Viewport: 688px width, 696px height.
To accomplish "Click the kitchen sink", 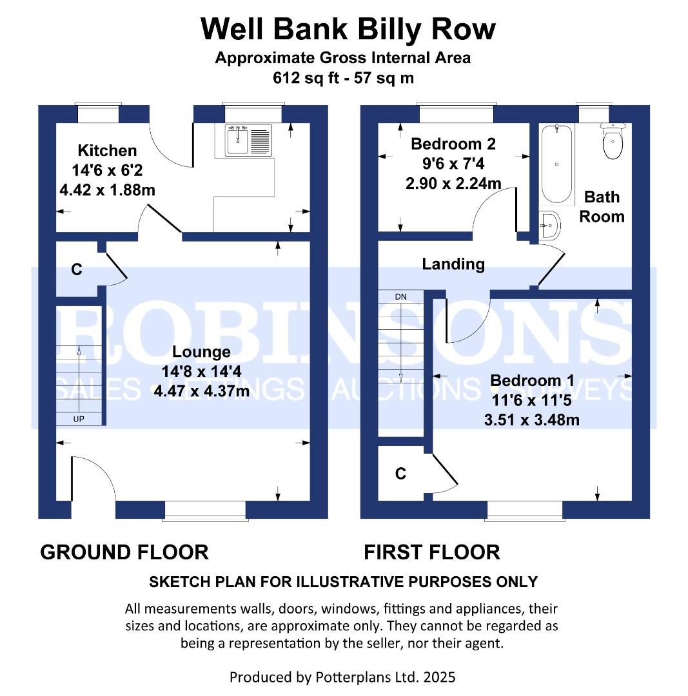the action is [249, 140].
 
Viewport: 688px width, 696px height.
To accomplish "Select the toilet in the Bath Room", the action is [613, 140].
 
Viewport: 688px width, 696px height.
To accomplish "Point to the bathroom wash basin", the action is [550, 225].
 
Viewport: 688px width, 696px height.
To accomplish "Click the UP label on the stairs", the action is [79, 419].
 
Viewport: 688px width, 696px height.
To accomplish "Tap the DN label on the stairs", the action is [400, 296].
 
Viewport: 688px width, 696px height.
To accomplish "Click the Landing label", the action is [453, 264].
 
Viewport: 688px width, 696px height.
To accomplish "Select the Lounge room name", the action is [201, 352].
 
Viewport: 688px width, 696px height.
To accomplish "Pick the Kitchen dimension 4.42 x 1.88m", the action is [108, 190].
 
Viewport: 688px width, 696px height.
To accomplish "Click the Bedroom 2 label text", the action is [453, 144].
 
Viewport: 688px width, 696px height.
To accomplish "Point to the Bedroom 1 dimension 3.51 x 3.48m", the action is [532, 420].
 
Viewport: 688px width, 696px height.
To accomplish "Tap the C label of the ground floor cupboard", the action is [77, 269].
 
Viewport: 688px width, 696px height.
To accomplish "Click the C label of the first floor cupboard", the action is [400, 474].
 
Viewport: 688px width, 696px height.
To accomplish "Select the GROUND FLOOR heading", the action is [124, 553].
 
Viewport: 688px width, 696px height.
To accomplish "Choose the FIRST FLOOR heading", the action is [432, 553].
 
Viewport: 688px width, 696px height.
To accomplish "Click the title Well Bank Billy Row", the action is [348, 29].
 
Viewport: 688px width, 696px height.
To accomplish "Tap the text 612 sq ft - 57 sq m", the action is [343, 78].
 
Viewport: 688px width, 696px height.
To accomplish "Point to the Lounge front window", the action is [205, 510].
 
